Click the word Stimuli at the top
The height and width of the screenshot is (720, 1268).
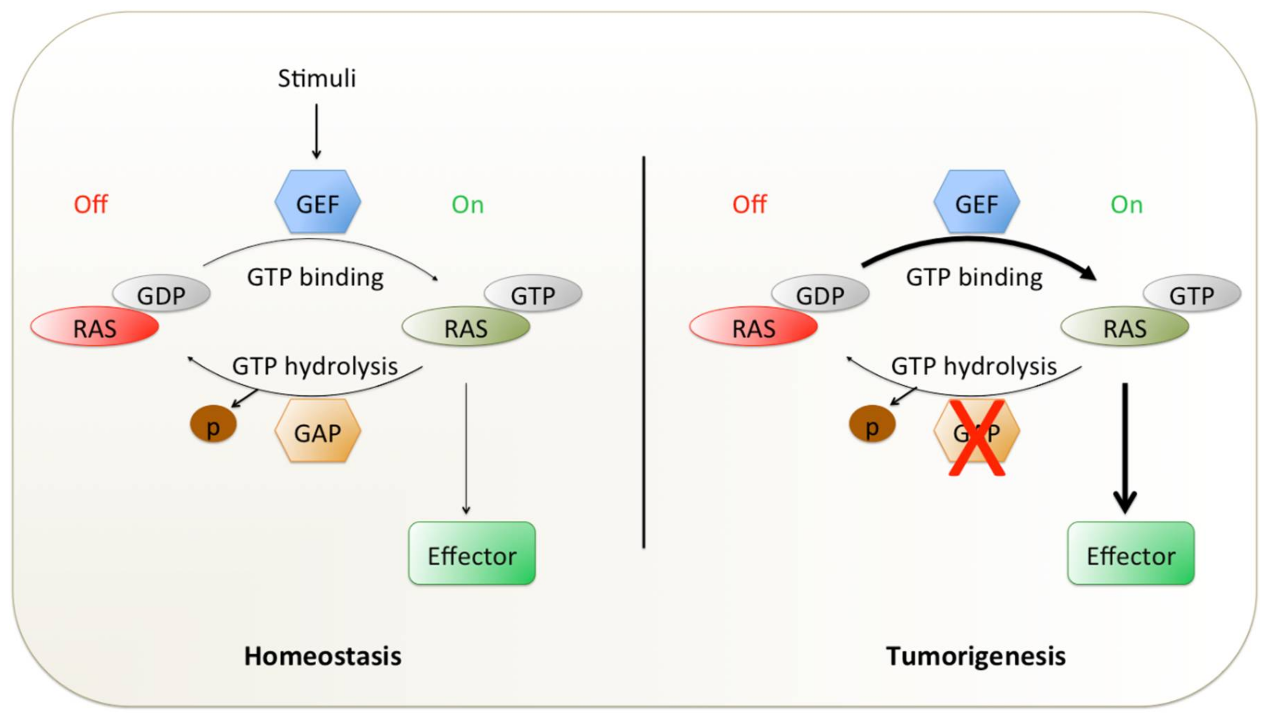[x=317, y=78]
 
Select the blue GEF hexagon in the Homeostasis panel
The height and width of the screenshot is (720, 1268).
[x=318, y=202]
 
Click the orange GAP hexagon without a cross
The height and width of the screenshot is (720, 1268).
[x=318, y=431]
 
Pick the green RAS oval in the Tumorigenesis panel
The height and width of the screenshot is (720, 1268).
[x=1125, y=326]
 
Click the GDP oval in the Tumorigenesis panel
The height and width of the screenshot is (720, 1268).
[x=821, y=294]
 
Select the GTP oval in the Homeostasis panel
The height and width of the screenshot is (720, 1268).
[x=533, y=294]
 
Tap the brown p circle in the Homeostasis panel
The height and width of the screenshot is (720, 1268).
[x=214, y=424]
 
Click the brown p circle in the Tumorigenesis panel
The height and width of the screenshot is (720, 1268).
[x=872, y=424]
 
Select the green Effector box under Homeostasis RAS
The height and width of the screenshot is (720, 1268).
[x=472, y=553]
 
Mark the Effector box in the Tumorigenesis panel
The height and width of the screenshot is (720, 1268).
[x=1131, y=553]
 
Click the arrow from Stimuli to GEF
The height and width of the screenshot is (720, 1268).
[x=316, y=131]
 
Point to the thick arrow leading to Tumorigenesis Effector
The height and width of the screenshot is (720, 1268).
[x=1125, y=447]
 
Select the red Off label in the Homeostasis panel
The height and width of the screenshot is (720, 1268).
[x=91, y=204]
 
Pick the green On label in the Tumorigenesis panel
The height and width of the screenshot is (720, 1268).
[x=1126, y=204]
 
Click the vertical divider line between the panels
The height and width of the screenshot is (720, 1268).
[x=644, y=352]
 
